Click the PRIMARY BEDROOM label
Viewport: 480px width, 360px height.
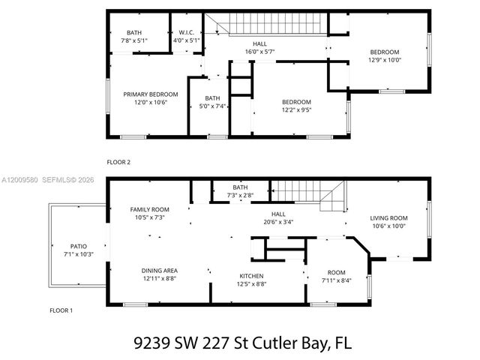151,94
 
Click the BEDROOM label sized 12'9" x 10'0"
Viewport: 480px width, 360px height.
384,52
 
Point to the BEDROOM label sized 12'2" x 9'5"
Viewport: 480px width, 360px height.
296,102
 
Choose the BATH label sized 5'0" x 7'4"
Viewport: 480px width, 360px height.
212,98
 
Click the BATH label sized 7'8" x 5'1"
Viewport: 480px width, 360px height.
134,32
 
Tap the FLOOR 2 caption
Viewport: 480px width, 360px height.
118,161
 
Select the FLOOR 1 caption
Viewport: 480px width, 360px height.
61,310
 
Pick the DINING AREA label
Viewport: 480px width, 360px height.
159,270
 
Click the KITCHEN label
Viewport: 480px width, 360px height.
252,275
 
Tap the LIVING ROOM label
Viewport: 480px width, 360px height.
388,218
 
